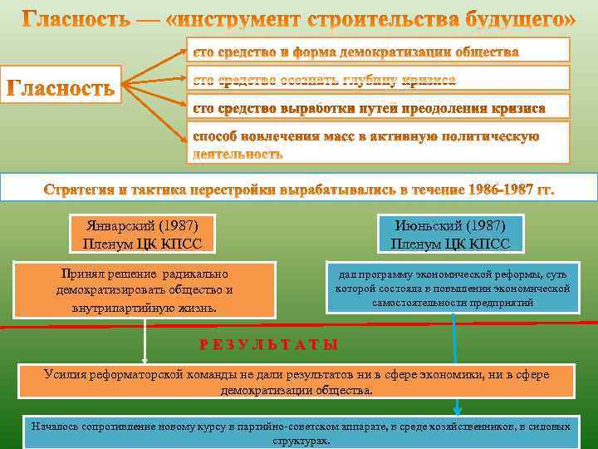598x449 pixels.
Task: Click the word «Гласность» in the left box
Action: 61,86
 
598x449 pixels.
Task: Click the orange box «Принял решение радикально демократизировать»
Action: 145,290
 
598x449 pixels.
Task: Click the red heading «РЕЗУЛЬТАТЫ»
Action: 268,344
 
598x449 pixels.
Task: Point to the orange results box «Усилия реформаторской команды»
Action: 297,382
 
